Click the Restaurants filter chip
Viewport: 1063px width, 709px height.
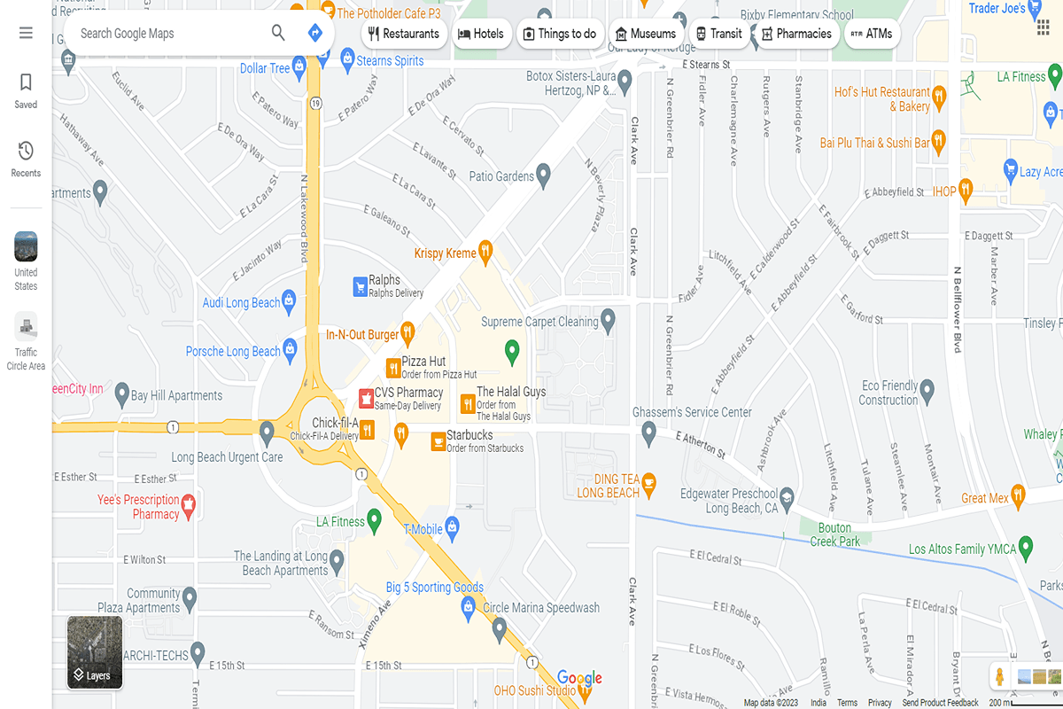coord(404,34)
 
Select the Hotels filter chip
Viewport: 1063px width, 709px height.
coord(480,34)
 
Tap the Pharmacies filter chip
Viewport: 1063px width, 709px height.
coord(796,34)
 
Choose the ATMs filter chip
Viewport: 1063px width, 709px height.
coord(871,34)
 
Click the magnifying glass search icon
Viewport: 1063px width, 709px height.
coord(278,34)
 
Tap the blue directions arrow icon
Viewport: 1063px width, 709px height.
coord(314,34)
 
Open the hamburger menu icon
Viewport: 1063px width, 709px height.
coord(26,34)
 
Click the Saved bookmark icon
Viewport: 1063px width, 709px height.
coord(26,83)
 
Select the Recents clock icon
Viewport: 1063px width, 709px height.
coord(26,152)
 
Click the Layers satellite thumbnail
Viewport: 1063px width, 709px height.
coord(95,652)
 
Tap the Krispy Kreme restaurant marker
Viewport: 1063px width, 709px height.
coord(485,253)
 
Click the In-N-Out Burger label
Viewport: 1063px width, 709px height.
coord(362,335)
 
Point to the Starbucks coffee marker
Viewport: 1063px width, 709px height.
coord(438,440)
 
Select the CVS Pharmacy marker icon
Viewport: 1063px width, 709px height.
coord(365,398)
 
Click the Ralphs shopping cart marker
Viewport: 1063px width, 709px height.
coord(360,286)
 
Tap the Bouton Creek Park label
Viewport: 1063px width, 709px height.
coord(834,534)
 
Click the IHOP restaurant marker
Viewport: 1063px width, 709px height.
coord(966,190)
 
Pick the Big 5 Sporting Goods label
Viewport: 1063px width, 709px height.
coord(434,587)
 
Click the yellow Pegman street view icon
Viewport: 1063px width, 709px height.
coord(999,677)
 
